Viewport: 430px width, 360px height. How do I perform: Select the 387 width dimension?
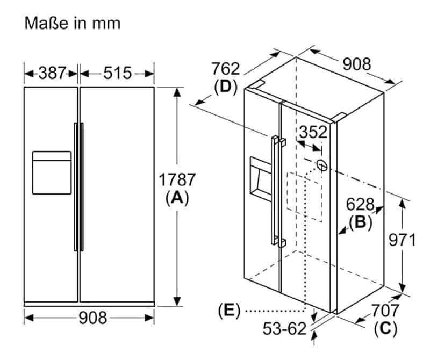point(52,73)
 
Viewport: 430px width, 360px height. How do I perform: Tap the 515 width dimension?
point(117,73)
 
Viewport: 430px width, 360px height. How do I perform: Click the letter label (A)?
point(177,198)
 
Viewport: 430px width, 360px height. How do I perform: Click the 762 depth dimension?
point(225,69)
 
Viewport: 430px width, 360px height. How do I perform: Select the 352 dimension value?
point(313,132)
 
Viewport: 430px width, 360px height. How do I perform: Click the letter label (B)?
point(360,221)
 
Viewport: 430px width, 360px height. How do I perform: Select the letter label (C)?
point(385,328)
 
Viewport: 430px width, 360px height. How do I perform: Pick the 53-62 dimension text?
point(285,328)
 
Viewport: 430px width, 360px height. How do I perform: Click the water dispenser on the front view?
point(52,172)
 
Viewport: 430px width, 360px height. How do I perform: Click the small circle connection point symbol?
point(321,165)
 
